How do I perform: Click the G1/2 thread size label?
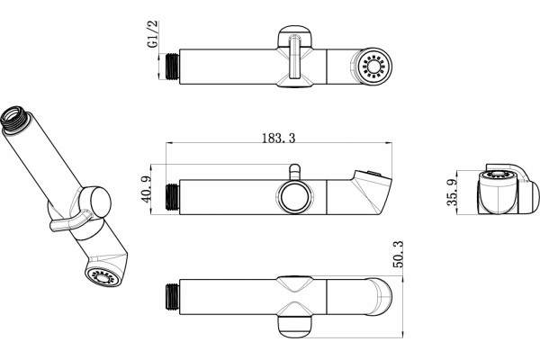[153, 34]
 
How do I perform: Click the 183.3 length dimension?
[279, 138]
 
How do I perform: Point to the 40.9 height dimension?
[146, 189]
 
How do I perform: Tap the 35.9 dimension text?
[452, 193]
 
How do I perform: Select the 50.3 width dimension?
[398, 254]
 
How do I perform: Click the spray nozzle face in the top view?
[373, 66]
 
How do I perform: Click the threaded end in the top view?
[172, 67]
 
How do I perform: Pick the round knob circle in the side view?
[295, 197]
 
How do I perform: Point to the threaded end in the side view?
[172, 197]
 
